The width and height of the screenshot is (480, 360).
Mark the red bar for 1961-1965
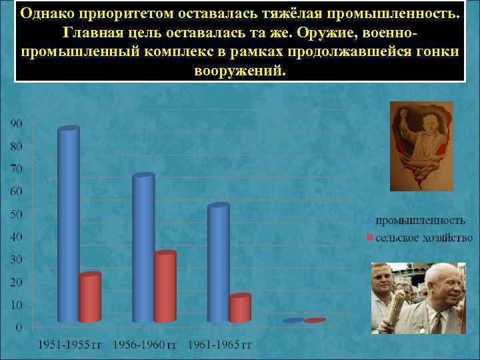pyautogui.click(x=240, y=308)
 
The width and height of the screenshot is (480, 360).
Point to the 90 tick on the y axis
pyautogui.click(x=15, y=123)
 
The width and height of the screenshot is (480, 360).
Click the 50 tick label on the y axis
pyautogui.click(x=15, y=214)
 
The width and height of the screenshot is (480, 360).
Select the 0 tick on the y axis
pyautogui.click(x=18, y=327)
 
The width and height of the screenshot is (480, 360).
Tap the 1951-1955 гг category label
pyautogui.click(x=69, y=345)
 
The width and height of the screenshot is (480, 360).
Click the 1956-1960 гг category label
pyautogui.click(x=144, y=345)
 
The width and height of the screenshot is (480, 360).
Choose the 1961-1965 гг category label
pyautogui.click(x=219, y=345)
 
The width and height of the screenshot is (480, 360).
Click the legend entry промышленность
pyautogui.click(x=419, y=219)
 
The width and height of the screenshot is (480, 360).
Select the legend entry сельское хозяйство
pyautogui.click(x=423, y=237)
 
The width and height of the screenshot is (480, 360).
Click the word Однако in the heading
pyautogui.click(x=45, y=13)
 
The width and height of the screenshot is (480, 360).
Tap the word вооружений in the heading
pyautogui.click(x=239, y=70)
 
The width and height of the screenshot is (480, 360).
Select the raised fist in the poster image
pyautogui.click(x=404, y=114)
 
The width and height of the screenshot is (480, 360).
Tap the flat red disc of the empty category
pyautogui.click(x=315, y=321)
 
